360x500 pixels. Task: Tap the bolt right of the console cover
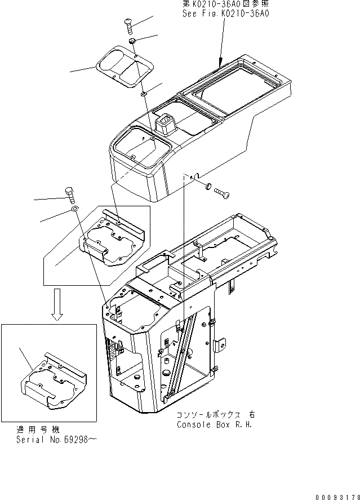(223, 193)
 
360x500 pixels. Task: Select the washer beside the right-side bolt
(208, 186)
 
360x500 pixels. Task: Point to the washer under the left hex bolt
(75, 209)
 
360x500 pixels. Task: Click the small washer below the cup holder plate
(144, 92)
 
